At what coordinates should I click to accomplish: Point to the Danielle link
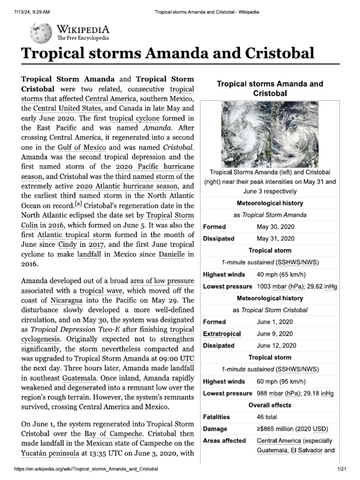coord(171,254)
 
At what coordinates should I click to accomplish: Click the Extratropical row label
coord(222,334)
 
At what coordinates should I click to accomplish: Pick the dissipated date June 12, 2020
coord(277,345)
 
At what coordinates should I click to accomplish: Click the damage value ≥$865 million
coord(292,428)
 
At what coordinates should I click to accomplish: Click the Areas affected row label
coord(224,441)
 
